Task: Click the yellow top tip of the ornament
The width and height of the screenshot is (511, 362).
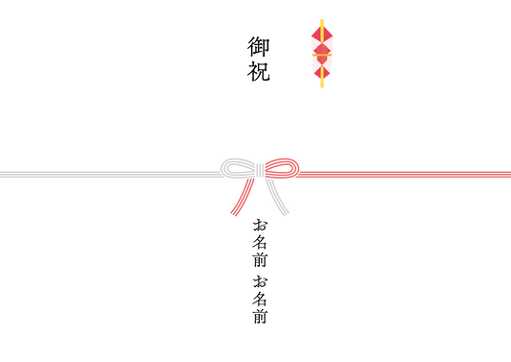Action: tap(322, 21)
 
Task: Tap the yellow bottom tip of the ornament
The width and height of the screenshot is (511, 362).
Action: tap(322, 84)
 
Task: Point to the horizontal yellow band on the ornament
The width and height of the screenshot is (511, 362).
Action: tap(322, 55)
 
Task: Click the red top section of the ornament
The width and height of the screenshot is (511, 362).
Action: tap(322, 33)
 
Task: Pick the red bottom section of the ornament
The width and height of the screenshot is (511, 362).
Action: tap(322, 69)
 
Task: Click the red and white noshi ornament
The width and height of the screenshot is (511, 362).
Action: tap(322, 53)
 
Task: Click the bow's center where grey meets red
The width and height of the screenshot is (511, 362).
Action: tap(263, 170)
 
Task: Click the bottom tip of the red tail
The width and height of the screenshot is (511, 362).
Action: tap(234, 214)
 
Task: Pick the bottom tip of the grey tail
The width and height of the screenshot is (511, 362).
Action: tap(286, 214)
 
